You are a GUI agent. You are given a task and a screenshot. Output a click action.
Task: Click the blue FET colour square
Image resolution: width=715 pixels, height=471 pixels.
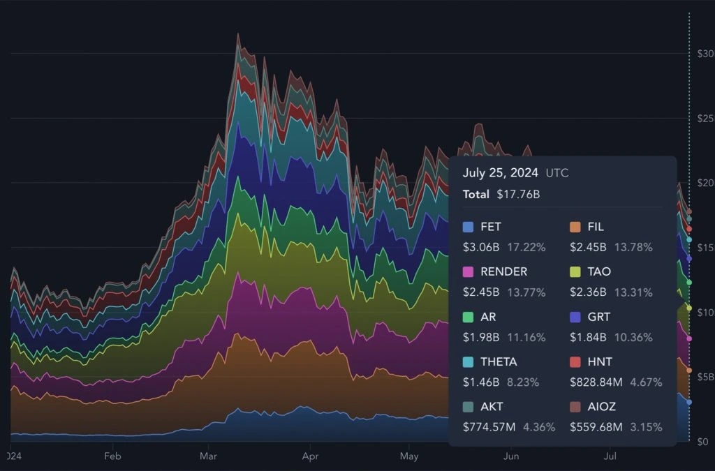[468, 227]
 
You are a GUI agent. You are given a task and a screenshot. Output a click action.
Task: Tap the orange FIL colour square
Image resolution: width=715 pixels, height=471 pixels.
[575, 227]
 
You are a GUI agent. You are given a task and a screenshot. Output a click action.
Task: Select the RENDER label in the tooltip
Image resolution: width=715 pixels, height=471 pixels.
[503, 271]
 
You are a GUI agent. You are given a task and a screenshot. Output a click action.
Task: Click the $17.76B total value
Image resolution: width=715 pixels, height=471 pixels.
[518, 194]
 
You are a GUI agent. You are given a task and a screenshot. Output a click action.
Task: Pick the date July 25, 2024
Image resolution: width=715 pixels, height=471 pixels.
[500, 172]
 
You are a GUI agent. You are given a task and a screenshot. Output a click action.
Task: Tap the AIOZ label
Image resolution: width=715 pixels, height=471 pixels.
[602, 406]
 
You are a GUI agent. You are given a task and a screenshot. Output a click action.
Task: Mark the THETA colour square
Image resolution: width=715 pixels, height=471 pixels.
[468, 361]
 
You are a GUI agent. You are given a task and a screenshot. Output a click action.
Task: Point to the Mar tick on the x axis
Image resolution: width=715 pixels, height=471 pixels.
[208, 456]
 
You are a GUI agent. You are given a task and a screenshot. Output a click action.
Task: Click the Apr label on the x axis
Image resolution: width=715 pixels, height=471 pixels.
[310, 456]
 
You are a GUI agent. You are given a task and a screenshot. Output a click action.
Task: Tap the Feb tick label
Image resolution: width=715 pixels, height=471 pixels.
[112, 456]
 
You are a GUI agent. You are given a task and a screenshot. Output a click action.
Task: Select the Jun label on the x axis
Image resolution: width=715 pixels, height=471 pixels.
[511, 456]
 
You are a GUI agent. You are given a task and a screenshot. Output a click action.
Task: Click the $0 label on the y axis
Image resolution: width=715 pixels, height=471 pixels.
[703, 442]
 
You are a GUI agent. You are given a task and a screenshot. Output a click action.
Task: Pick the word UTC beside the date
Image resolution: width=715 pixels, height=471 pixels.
[557, 173]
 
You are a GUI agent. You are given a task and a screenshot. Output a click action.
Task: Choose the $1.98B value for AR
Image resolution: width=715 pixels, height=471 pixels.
[481, 337]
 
